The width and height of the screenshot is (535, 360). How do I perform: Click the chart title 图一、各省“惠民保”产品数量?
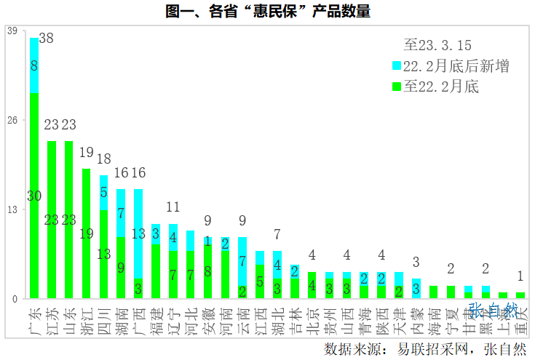(267, 11)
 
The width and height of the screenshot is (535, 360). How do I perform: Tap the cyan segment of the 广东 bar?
(34, 65)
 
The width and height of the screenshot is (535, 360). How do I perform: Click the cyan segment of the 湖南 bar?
(121, 212)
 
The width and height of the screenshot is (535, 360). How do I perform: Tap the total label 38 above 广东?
(46, 39)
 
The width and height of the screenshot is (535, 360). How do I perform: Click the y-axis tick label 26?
(12, 121)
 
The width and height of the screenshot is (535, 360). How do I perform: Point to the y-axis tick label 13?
(12, 209)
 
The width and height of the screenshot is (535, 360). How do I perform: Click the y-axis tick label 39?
(12, 31)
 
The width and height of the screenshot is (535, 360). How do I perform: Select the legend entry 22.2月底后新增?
(456, 66)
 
